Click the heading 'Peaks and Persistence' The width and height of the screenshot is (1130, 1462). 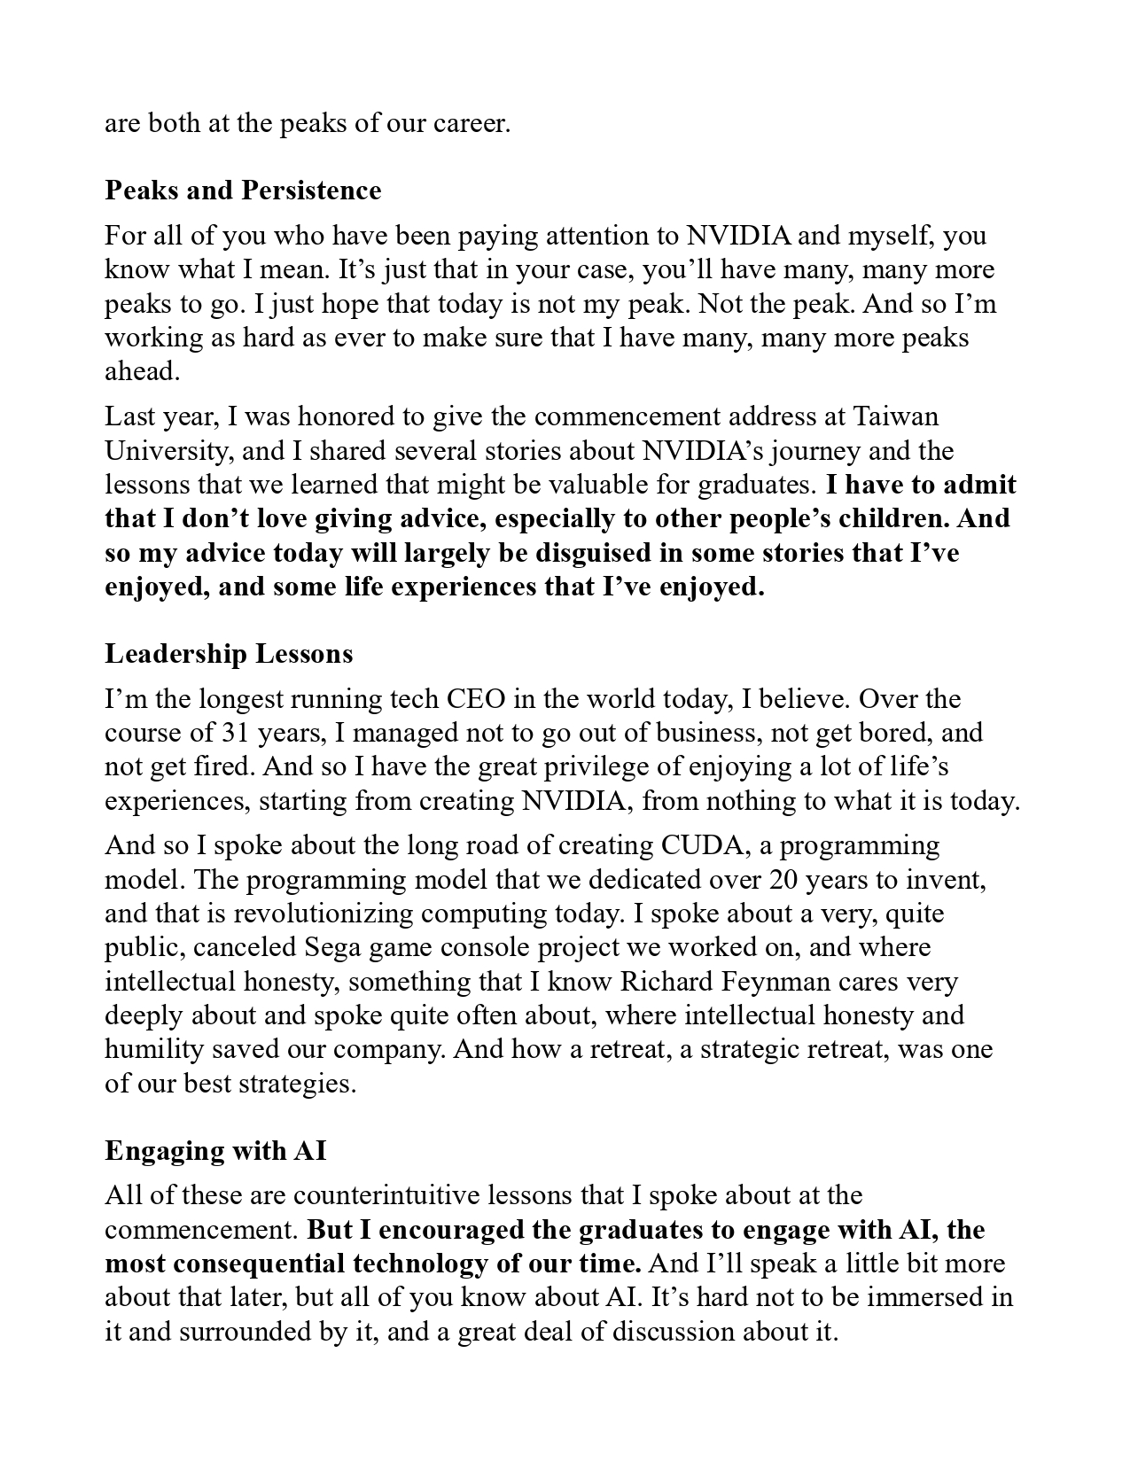(243, 191)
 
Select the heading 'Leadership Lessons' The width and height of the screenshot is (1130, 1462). (229, 654)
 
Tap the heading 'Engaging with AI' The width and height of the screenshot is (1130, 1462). (215, 1150)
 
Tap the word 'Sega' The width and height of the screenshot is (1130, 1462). (337, 947)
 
